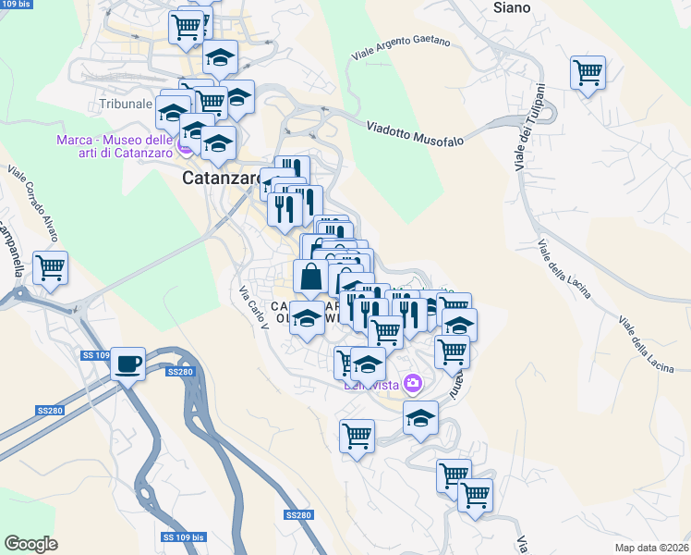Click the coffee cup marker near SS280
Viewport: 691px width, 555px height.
(x=128, y=362)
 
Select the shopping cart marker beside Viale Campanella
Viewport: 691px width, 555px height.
(x=50, y=269)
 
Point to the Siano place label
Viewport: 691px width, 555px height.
(x=513, y=7)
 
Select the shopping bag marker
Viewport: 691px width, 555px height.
(x=310, y=276)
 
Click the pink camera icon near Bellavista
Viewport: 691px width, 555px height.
(x=413, y=383)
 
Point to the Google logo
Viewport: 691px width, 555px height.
(x=30, y=544)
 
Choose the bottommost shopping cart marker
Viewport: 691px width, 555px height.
(x=475, y=495)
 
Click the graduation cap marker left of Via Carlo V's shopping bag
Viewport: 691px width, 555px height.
(x=307, y=319)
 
